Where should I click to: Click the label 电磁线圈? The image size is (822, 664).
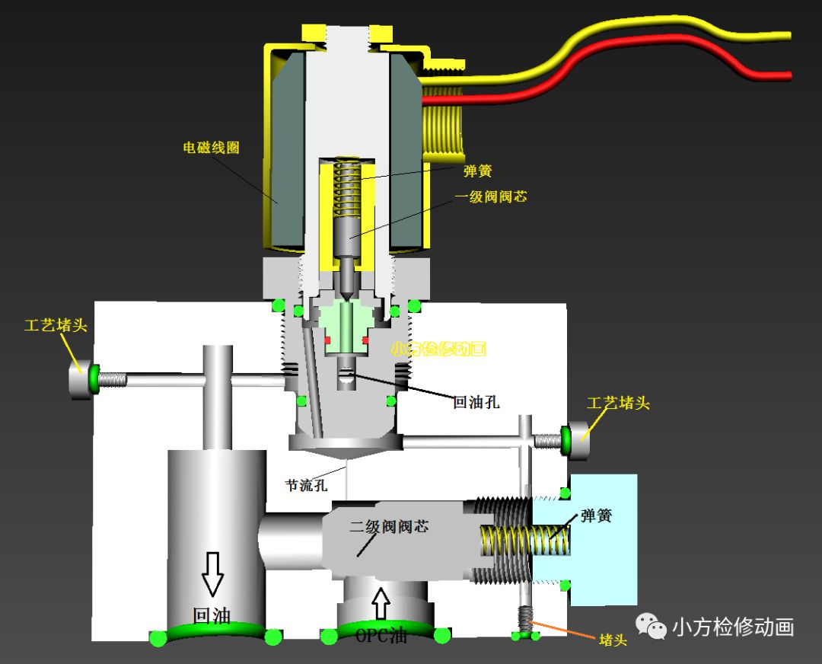(x=211, y=147)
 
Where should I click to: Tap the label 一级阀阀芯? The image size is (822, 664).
(x=491, y=196)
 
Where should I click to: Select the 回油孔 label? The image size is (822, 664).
(x=476, y=402)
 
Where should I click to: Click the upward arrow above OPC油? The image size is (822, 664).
(x=381, y=603)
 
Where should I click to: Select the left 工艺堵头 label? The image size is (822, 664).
(x=56, y=325)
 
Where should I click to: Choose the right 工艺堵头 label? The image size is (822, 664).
(x=618, y=403)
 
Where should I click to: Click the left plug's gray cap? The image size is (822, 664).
(x=79, y=378)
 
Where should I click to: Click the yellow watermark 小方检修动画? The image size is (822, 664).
(x=438, y=350)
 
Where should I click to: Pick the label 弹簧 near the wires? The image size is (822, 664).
(x=478, y=171)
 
